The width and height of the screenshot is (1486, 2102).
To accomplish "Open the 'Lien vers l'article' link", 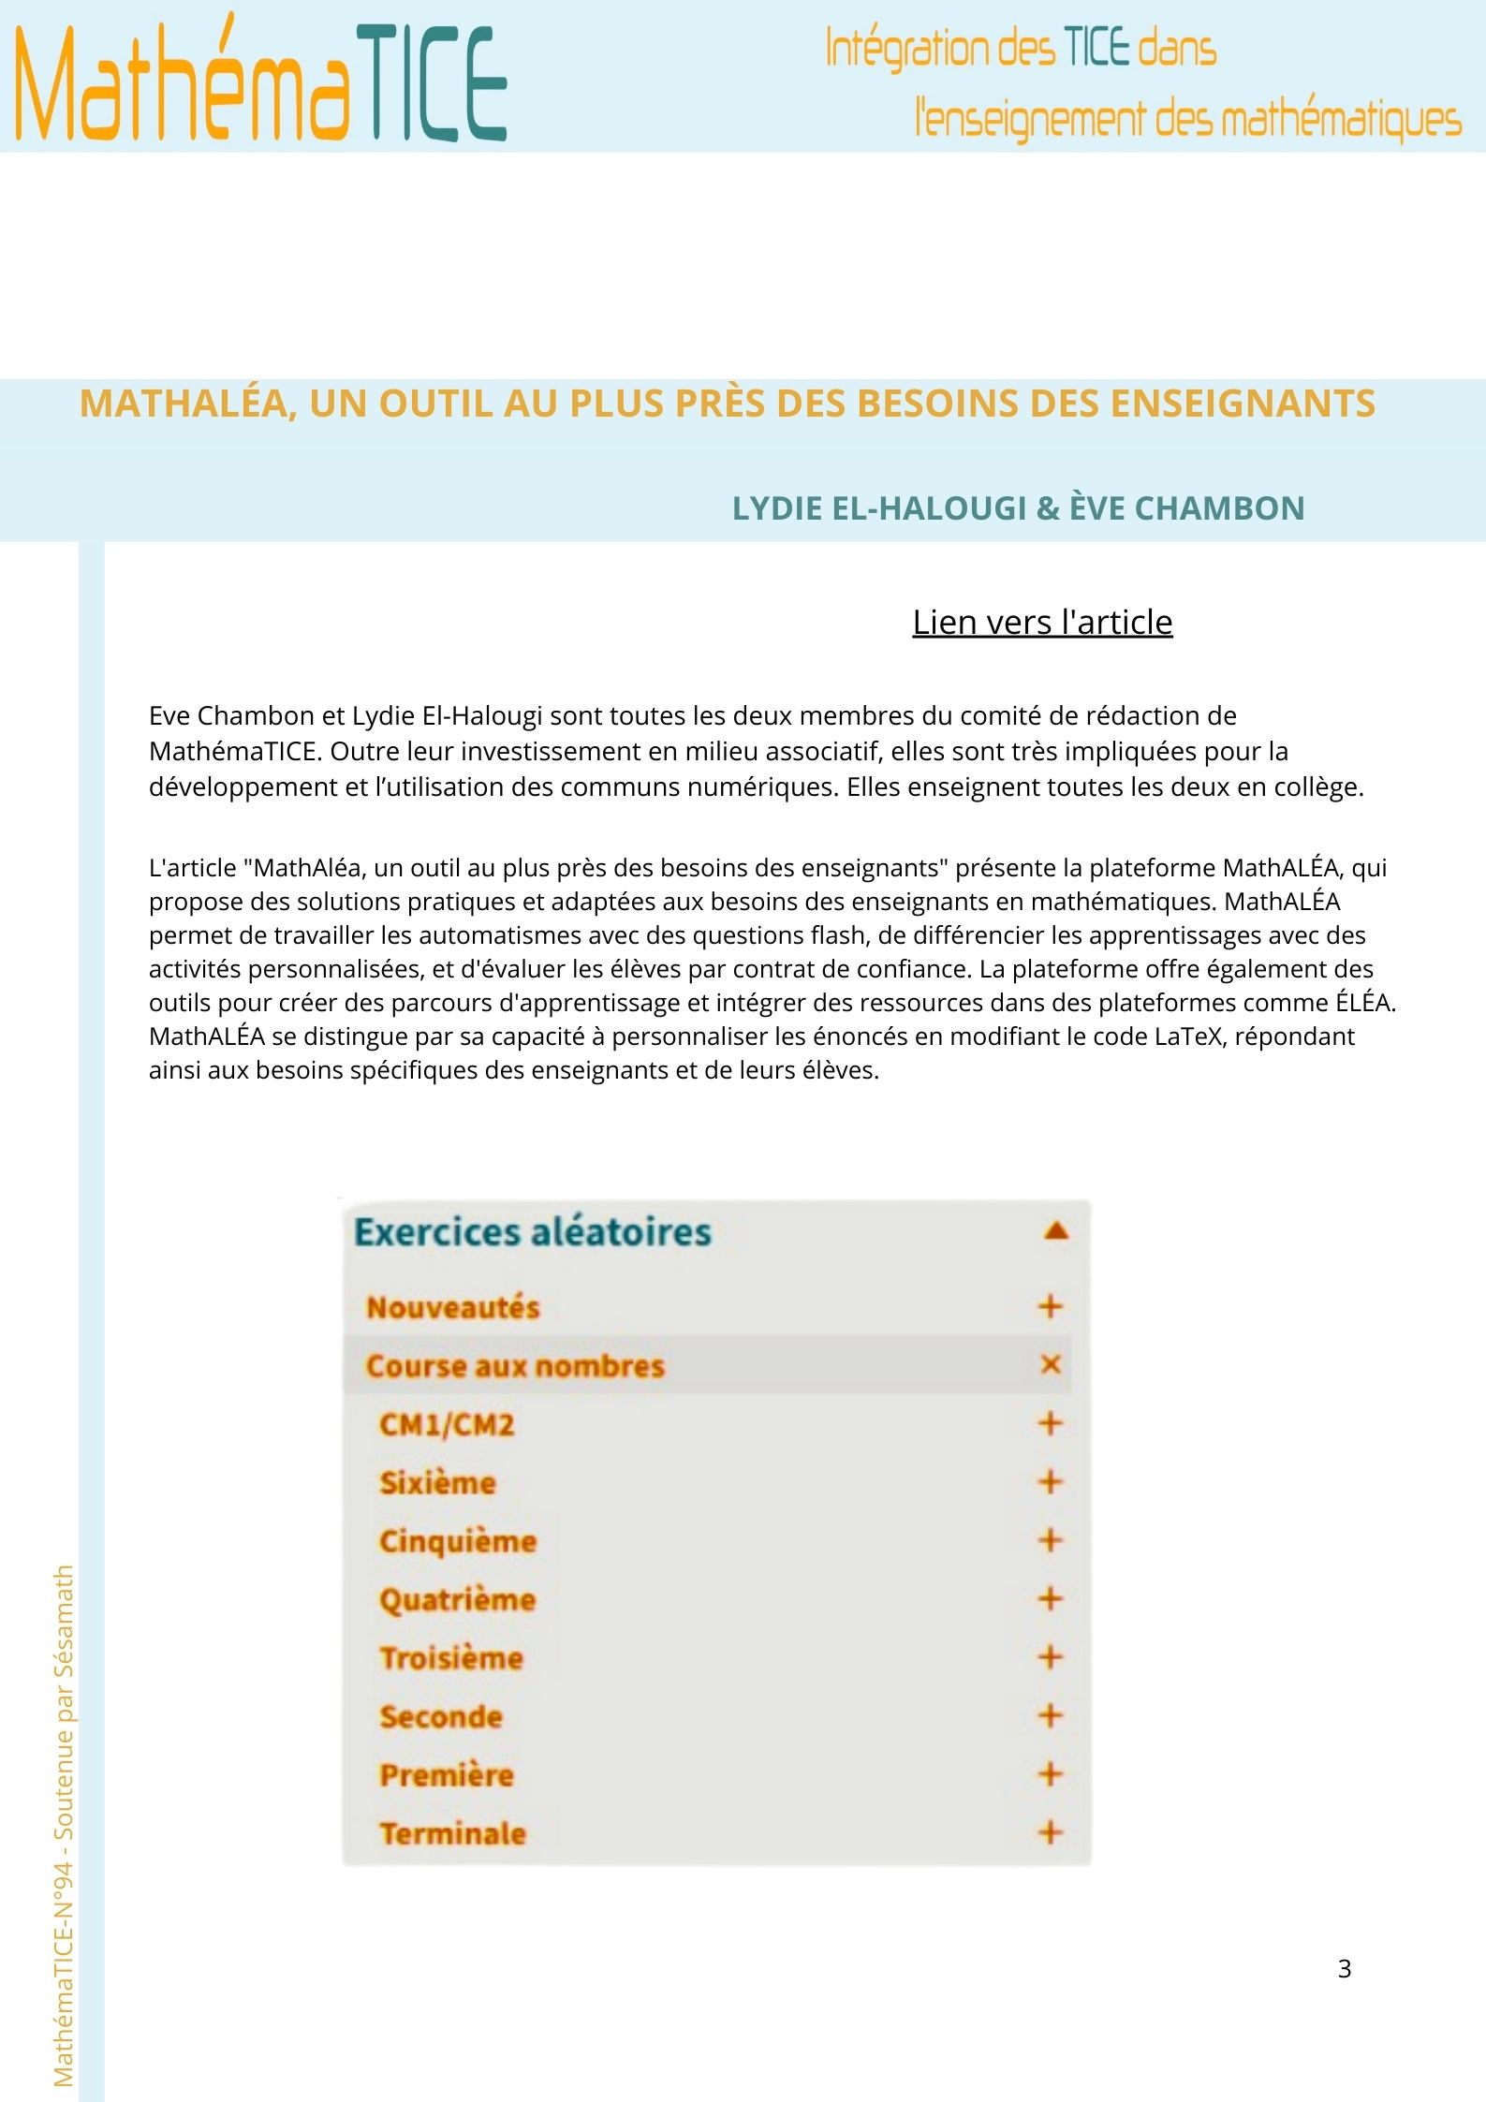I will point(1042,622).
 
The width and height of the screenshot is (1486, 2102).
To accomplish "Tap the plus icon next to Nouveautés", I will point(1050,1306).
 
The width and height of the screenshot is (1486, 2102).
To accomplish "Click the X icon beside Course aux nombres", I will point(1050,1364).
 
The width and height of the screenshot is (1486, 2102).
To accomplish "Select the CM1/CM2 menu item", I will point(447,1424).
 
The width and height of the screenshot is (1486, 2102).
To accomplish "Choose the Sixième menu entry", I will point(437,1482).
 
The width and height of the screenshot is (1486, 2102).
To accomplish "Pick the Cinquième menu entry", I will point(457,1541).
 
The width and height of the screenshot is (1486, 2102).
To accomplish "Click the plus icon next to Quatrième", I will point(1050,1598).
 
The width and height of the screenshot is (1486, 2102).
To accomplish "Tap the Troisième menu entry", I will point(451,1657).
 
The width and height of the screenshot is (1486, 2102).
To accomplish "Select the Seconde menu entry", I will point(441,1716).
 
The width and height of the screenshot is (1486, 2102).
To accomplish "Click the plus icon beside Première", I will point(1050,1773).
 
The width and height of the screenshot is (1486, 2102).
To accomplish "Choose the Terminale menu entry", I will point(452,1832).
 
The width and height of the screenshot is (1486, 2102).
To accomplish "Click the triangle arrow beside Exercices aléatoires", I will point(1055,1230).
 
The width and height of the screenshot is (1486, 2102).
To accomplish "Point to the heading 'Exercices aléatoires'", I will point(532,1231).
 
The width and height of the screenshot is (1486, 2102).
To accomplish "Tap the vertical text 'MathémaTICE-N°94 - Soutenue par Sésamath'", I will point(64,1826).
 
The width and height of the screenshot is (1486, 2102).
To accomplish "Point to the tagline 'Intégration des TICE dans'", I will point(1020,49).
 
